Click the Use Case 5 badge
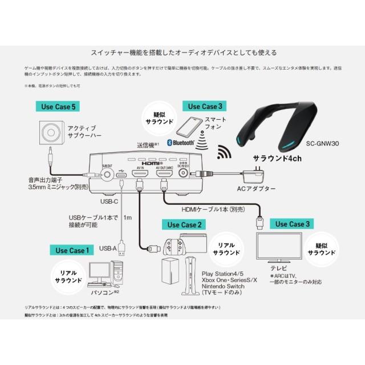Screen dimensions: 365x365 point(58,106)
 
